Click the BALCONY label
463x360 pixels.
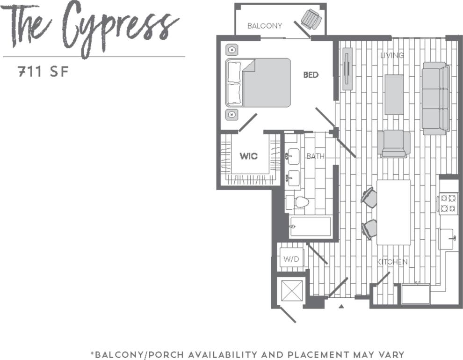(264, 26)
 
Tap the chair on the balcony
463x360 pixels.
(311, 19)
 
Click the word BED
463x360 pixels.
(311, 74)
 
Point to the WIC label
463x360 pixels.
(248, 156)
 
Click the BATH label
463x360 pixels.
(315, 156)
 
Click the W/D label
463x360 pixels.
(292, 258)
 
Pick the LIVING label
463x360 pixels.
(391, 55)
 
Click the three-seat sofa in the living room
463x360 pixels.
(435, 98)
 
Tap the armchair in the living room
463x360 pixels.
(394, 143)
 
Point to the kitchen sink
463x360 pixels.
(447, 239)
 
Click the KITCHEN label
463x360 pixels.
(392, 262)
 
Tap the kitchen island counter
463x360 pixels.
(394, 212)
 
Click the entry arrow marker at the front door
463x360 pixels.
(341, 306)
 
